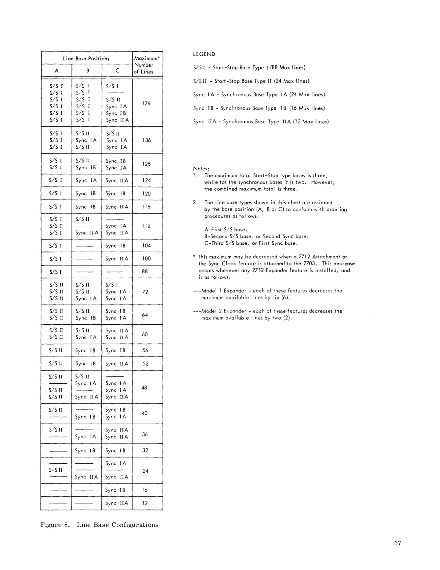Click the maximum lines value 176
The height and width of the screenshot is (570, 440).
(146, 103)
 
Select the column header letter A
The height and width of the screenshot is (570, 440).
(56, 70)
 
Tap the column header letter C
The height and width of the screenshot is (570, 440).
(117, 70)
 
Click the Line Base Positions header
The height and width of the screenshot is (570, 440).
(86, 59)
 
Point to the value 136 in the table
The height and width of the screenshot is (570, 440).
(146, 140)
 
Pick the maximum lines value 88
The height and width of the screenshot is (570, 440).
(145, 272)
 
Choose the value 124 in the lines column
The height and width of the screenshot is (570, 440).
(146, 180)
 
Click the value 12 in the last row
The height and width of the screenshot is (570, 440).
(145, 503)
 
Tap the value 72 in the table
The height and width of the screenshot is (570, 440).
(145, 292)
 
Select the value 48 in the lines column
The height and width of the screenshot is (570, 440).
(144, 388)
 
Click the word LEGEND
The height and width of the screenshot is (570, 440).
(204, 54)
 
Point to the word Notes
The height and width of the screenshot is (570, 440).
(201, 169)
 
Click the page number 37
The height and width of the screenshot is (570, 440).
(398, 543)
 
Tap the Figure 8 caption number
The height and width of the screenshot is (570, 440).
(67, 525)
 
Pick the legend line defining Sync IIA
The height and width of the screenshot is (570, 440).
(261, 122)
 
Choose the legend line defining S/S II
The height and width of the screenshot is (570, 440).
(251, 81)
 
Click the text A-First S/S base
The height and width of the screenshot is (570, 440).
(226, 230)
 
